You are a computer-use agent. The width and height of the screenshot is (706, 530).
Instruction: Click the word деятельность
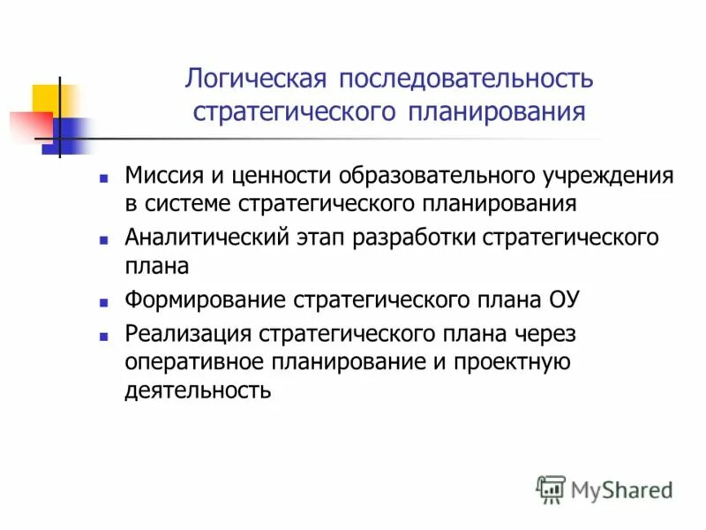point(198,390)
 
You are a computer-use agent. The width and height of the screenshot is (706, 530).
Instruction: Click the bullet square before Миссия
point(104,177)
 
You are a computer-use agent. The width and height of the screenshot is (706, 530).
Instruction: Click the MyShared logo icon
point(551,488)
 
